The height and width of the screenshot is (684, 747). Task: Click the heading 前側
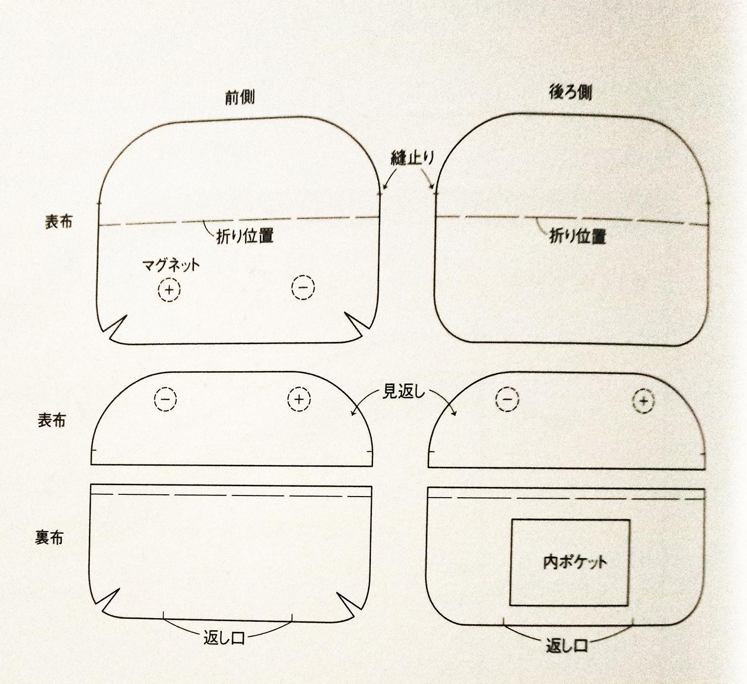click(240, 97)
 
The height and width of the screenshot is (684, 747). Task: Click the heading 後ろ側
click(570, 92)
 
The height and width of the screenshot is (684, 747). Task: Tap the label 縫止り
click(412, 158)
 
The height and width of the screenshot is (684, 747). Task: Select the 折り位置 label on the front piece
click(245, 236)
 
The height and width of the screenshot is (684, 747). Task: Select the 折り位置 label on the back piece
click(577, 237)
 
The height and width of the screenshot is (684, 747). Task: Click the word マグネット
click(170, 265)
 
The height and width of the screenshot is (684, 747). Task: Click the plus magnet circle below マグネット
click(169, 290)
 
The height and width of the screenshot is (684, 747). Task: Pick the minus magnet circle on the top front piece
click(303, 288)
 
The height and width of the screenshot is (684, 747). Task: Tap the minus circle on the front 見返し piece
click(165, 399)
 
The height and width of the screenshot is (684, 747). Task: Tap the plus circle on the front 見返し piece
click(299, 399)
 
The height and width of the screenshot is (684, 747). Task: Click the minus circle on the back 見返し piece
click(507, 399)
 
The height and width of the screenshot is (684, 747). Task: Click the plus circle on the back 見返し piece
click(643, 400)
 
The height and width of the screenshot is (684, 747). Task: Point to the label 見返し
click(403, 392)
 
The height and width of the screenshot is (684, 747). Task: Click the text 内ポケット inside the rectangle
click(574, 562)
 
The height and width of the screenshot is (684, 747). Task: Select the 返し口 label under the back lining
click(566, 645)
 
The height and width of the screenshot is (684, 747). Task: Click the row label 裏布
click(49, 537)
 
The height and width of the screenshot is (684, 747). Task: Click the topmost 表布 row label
click(59, 222)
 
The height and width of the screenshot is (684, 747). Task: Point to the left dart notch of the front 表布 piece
click(117, 327)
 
